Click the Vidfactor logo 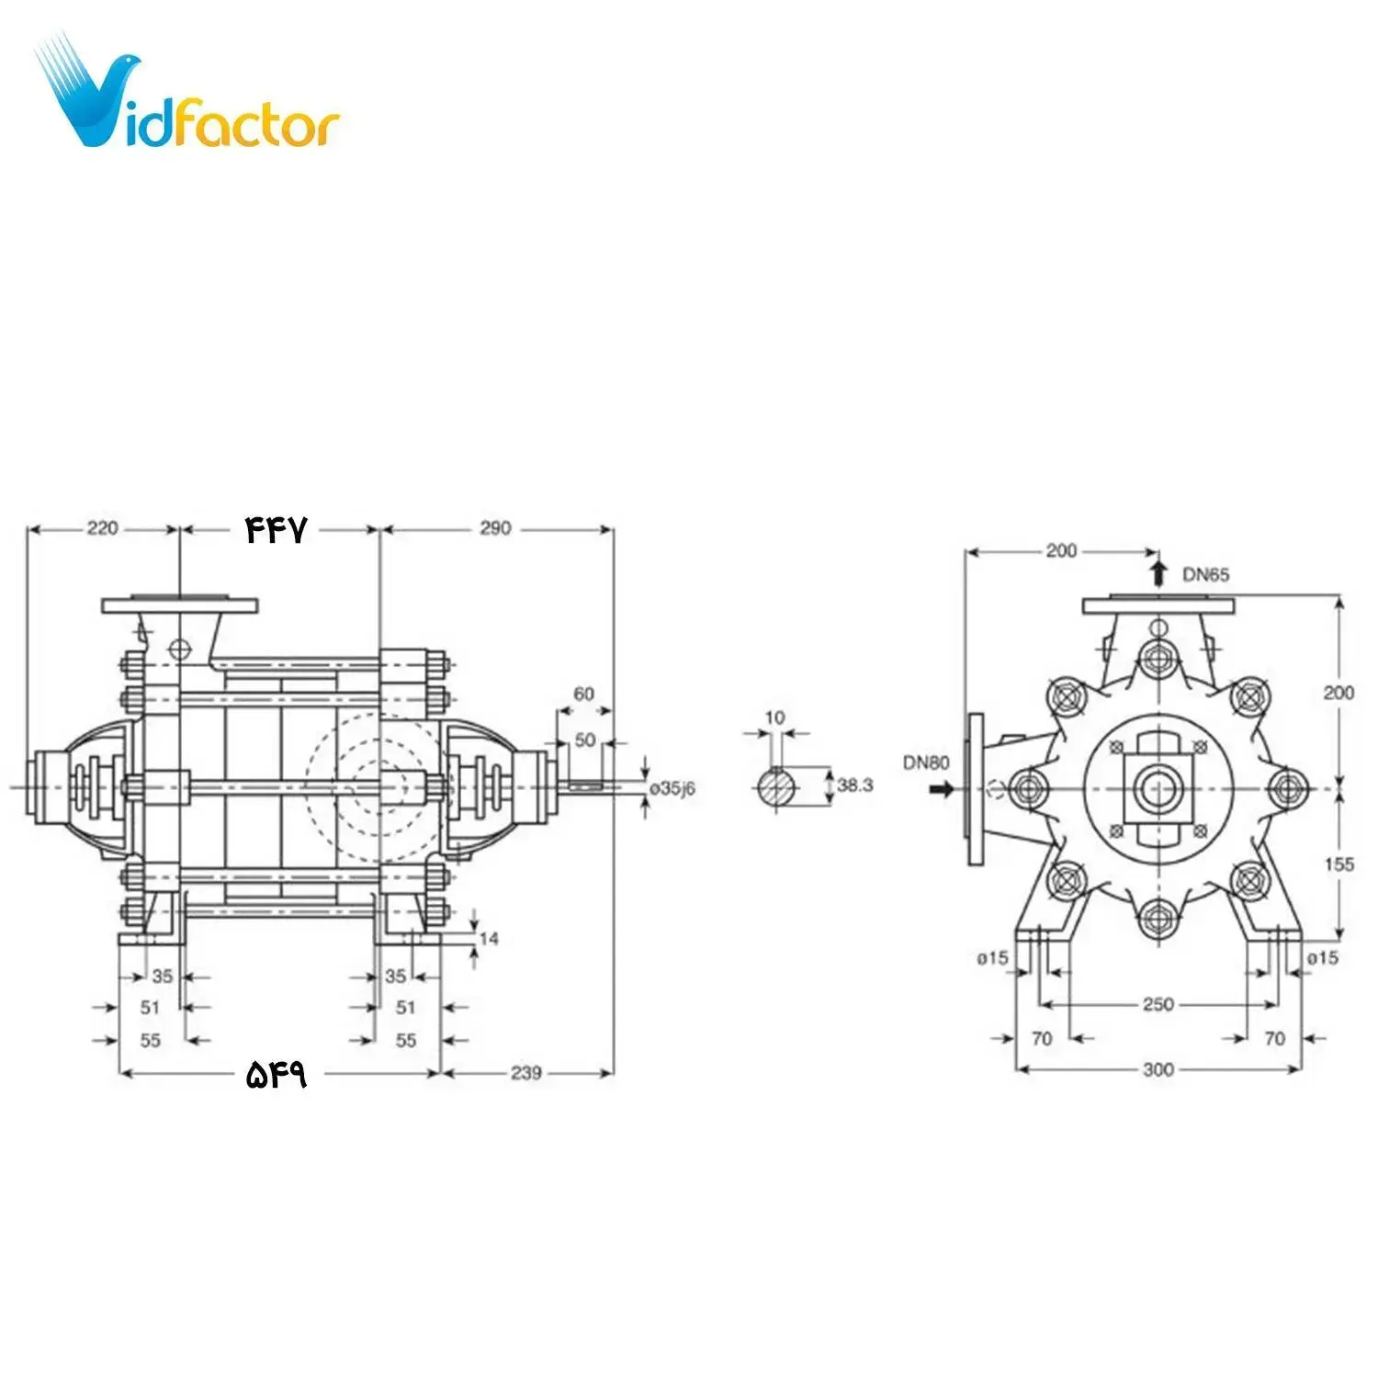188,101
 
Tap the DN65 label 1205,575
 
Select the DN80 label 926,762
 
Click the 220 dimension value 102,528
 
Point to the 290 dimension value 494,528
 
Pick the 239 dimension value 525,1072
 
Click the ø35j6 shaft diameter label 672,788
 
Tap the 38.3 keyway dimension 854,785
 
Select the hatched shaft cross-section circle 776,788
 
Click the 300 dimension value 1158,1069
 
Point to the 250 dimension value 1158,1004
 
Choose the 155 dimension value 1338,864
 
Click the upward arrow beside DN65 1158,573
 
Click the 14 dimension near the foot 489,938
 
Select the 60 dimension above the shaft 584,694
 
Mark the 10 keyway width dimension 775,717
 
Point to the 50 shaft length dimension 584,740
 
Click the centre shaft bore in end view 1158,787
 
